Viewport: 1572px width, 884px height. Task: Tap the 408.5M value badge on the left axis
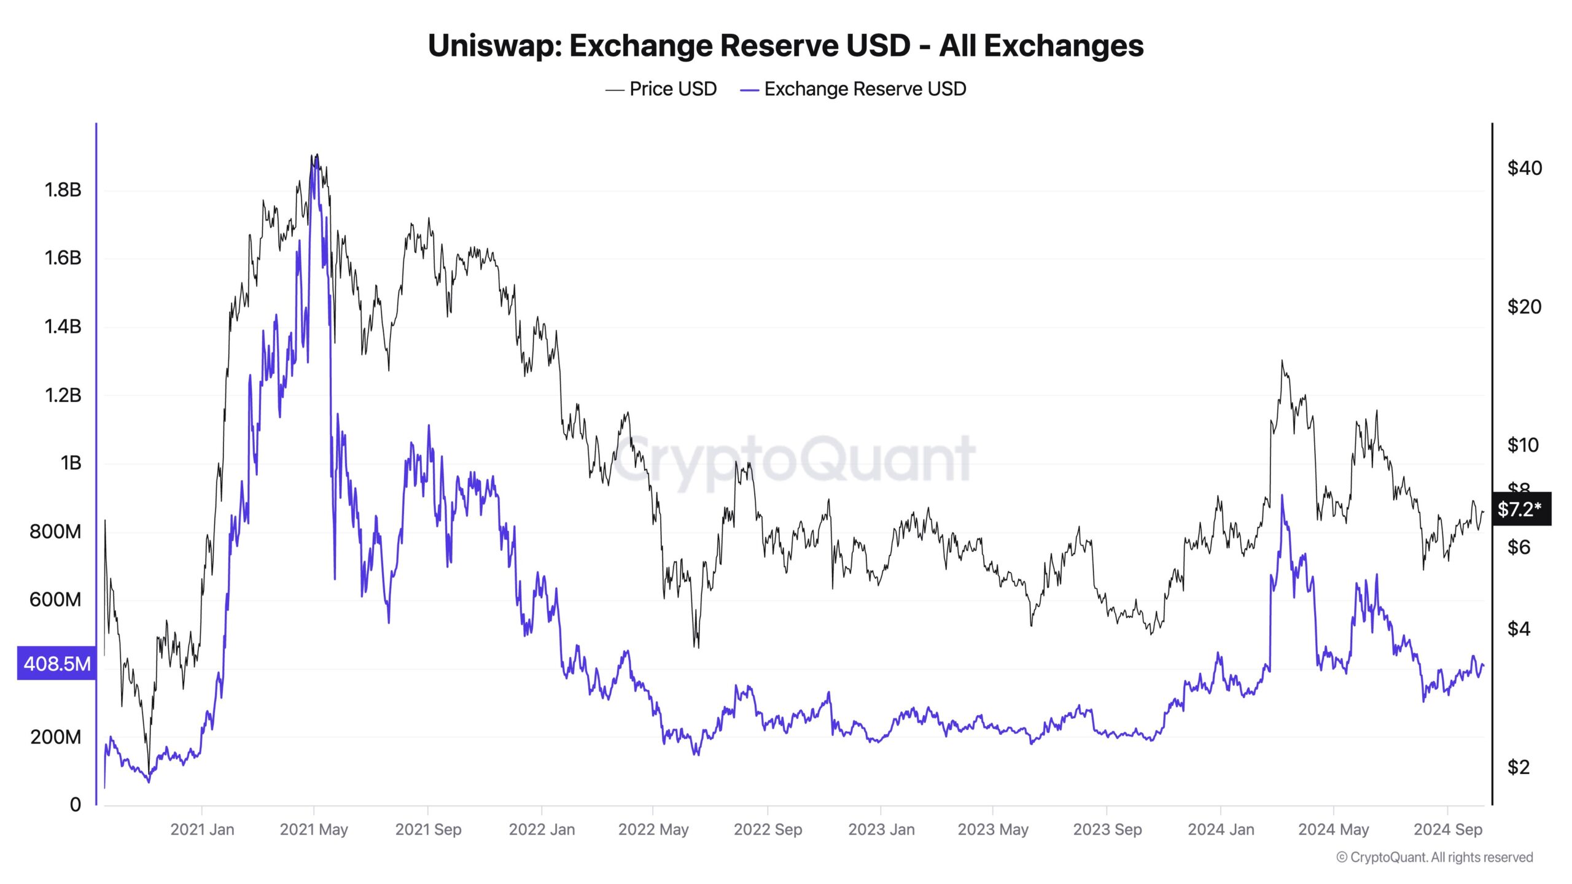click(x=56, y=663)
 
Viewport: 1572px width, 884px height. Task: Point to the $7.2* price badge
click(x=1520, y=509)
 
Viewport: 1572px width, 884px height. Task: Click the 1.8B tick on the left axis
click(x=63, y=190)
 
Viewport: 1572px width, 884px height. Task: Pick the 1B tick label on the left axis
click(x=71, y=463)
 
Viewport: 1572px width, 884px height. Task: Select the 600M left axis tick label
click(x=55, y=599)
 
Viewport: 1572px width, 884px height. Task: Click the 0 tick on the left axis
click(x=75, y=804)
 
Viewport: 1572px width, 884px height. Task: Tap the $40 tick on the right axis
click(x=1524, y=168)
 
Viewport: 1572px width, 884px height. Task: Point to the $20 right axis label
click(x=1524, y=306)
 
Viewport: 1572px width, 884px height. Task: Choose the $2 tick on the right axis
click(x=1519, y=767)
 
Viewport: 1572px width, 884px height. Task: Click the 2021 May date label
click(x=314, y=829)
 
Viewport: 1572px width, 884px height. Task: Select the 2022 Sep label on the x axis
click(x=768, y=829)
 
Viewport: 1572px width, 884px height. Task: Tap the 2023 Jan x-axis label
click(x=881, y=829)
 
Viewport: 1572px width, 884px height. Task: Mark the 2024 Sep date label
click(x=1447, y=829)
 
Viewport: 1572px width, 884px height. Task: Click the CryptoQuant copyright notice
click(x=1434, y=857)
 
